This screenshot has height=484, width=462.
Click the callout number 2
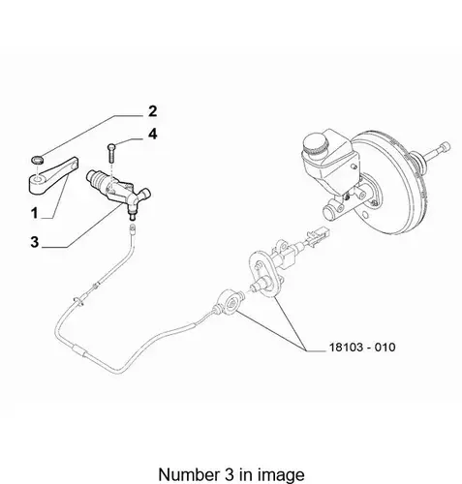(x=153, y=111)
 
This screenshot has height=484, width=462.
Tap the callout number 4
(x=153, y=134)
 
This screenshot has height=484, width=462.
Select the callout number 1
(x=35, y=213)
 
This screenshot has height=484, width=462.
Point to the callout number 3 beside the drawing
(x=35, y=242)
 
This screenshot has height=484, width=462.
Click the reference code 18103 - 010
(x=362, y=348)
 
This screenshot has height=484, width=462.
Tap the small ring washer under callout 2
(x=38, y=160)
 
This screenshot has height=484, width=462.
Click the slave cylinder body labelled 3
(x=118, y=190)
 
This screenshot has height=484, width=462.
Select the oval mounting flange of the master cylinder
(x=264, y=274)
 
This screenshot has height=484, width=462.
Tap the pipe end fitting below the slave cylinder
(x=132, y=229)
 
